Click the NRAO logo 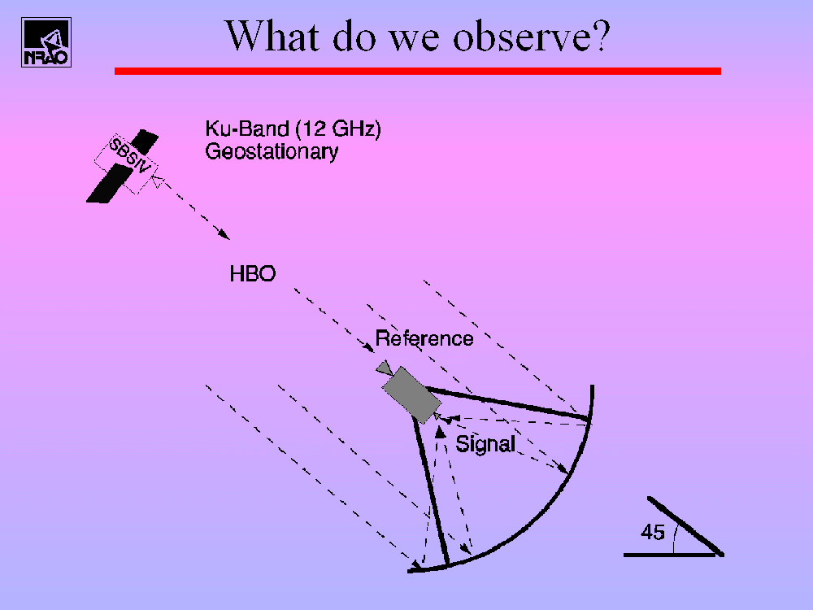coord(46,42)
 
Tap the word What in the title coord(272,36)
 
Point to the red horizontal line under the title coord(417,71)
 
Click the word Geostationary coord(272,151)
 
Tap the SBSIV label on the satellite coord(130,155)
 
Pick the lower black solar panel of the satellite coord(110,183)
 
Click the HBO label coord(253,274)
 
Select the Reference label coord(424,338)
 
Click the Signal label coord(485,444)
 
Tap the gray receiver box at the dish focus coord(411,394)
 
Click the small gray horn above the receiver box coord(385,368)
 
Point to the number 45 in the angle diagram coord(652,532)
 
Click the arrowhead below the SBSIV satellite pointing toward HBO coord(224,234)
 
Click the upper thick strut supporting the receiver coord(507,403)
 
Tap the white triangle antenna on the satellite coord(159,181)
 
